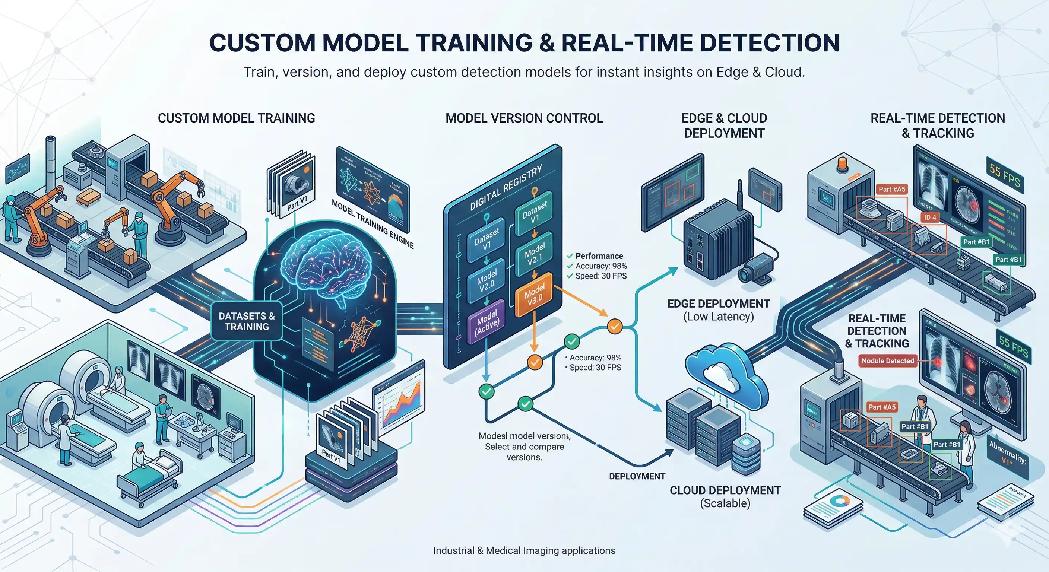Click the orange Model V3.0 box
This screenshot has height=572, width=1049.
534,294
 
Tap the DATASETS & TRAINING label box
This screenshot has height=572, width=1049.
247,321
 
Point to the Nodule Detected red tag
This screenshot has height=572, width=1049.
887,361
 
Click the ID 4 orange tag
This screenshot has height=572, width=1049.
930,217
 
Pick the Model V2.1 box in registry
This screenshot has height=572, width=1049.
534,254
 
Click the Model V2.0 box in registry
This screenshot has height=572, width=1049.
487,281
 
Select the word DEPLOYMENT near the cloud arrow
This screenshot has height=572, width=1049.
637,476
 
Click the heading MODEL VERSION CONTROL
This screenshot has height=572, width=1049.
524,118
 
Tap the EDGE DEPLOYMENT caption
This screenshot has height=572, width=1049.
718,304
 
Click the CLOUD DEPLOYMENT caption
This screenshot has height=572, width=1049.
725,490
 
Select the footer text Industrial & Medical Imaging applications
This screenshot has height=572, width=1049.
524,550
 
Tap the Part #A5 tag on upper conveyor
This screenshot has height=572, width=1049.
891,189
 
